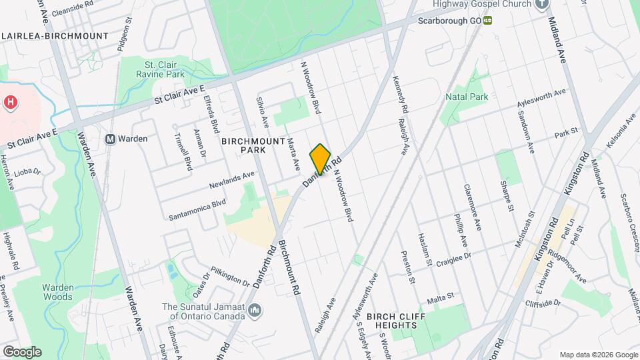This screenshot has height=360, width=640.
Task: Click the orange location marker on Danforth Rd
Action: [320, 159]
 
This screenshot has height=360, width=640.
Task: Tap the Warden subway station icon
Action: [111, 139]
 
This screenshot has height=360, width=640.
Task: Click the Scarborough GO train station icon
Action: [488, 21]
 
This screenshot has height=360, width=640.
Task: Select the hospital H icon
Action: [11, 103]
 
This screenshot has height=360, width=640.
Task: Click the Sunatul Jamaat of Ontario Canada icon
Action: [255, 311]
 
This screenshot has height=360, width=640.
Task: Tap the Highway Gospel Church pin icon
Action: [542, 4]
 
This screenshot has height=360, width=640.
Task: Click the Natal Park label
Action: [467, 97]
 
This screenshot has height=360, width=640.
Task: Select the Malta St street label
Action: [440, 296]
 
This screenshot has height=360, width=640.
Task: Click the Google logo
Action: [22, 351]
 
